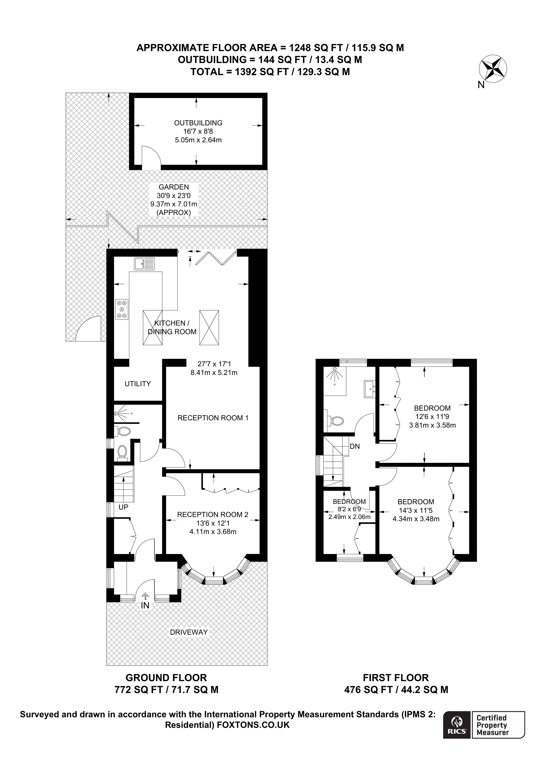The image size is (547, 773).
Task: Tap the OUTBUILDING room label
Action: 198,123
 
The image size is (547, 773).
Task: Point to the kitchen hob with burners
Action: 122,309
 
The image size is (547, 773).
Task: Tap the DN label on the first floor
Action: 355,446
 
